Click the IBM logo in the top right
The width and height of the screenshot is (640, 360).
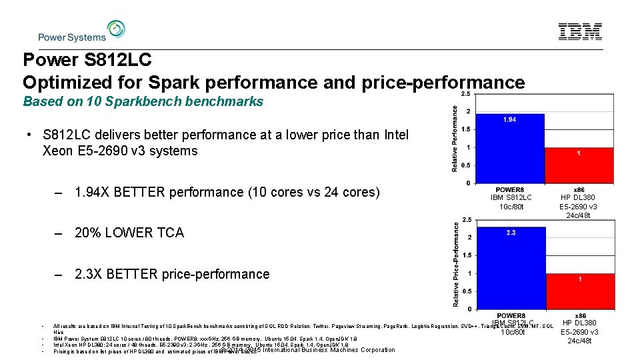point(580,31)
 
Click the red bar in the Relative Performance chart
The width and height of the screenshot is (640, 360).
point(578,165)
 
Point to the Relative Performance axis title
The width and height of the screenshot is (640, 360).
point(455,139)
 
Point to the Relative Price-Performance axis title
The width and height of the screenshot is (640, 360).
point(455,265)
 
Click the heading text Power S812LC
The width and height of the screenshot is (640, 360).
point(87,60)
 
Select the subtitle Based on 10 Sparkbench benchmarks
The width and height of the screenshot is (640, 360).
point(143,102)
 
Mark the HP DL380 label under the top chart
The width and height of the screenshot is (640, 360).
point(577,197)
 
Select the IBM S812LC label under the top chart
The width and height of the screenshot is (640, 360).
point(511,197)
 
